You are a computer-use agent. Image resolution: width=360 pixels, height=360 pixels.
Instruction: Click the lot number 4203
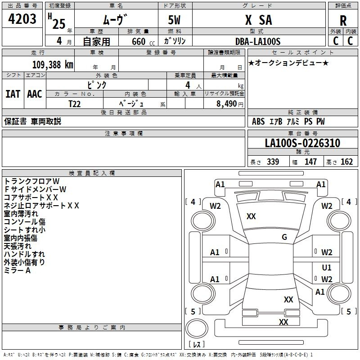point(22,19)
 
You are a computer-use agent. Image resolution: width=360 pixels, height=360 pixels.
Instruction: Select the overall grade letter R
point(343,21)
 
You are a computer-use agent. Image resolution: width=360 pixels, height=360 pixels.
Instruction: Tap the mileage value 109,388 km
point(53,65)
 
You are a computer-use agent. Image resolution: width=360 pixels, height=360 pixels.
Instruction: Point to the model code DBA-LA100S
point(258,41)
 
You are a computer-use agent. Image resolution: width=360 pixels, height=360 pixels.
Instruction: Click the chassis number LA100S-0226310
point(302,143)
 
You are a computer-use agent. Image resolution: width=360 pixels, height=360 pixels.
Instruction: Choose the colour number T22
point(75,104)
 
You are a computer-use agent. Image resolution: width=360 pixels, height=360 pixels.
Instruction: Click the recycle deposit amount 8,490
point(226,104)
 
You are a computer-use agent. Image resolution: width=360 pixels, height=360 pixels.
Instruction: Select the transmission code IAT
point(13,94)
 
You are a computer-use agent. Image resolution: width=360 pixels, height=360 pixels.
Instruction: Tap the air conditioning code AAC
point(35,94)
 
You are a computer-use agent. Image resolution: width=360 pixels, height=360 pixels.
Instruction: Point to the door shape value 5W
point(174,20)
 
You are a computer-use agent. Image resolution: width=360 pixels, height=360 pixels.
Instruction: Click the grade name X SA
point(259,20)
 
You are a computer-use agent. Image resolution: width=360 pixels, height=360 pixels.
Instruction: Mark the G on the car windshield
point(284,237)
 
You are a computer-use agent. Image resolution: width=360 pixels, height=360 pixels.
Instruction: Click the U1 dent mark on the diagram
point(327,267)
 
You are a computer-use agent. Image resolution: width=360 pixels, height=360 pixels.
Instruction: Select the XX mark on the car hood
point(251,216)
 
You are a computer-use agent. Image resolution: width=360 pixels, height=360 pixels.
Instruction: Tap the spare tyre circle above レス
point(197,328)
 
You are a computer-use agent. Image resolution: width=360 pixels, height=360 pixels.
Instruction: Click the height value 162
point(346,162)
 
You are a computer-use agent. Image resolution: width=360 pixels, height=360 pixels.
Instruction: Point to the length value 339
point(273,162)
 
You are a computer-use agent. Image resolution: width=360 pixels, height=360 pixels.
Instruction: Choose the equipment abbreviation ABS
point(258,121)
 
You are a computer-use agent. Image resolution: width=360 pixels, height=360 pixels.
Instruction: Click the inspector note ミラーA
point(17,270)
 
